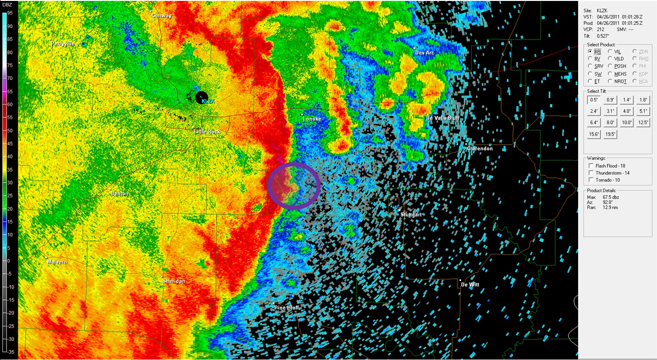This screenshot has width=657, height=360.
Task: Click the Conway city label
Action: coord(162,15)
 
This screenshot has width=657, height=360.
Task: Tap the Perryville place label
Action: coord(63,44)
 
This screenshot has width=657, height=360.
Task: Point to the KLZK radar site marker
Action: coord(201,97)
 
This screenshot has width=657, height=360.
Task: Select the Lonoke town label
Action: coord(312,119)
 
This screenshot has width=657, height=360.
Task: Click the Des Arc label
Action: coord(425,53)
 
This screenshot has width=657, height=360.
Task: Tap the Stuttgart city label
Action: coord(411,214)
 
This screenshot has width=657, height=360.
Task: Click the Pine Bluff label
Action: coord(287,307)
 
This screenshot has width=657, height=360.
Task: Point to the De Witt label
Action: coord(470,284)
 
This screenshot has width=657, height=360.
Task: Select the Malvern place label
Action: coord(57,262)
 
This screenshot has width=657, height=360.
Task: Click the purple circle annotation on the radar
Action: coord(294,185)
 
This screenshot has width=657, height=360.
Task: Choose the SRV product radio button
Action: coord(590,66)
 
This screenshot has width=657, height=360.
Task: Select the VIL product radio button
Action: coord(610,51)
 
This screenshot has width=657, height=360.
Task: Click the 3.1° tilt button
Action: coord(610,111)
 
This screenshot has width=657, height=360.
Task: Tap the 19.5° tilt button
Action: coord(610,134)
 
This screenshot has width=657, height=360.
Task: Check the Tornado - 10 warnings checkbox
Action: coord(591,180)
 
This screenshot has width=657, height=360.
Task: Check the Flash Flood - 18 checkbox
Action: coord(591,166)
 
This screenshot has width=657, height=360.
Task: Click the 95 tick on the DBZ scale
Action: coord(10,13)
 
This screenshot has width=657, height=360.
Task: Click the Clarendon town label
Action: coord(479,148)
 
